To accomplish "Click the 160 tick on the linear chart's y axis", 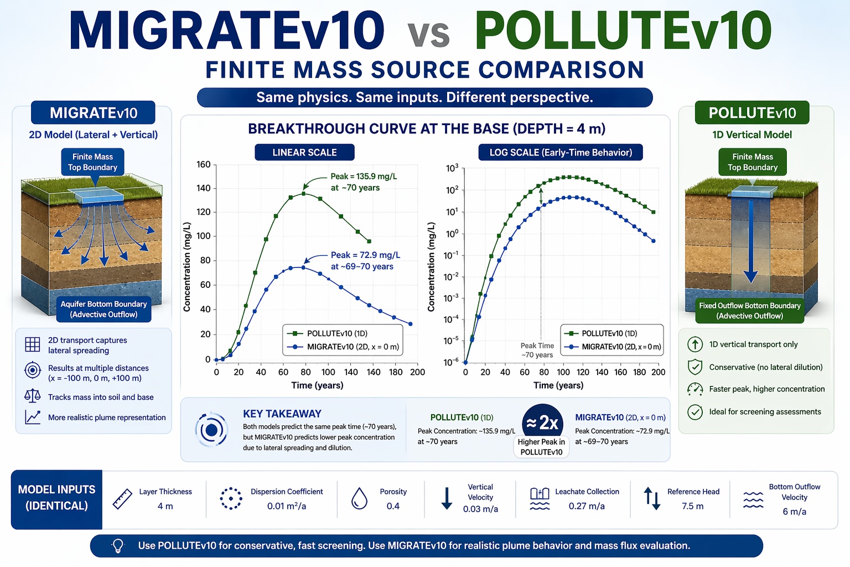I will point(204,164).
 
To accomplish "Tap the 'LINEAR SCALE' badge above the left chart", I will point(304,152).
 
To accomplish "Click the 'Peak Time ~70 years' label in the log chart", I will point(537,350).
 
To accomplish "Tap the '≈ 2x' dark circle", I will point(542,423).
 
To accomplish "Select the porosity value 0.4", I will point(393,506).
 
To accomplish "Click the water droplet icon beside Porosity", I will point(360,498).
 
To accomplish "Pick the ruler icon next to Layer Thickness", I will point(122,498).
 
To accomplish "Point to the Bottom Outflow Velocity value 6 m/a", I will point(794,512).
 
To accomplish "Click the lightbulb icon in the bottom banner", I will point(118,545).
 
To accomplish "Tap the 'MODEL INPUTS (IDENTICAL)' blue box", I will point(56,498).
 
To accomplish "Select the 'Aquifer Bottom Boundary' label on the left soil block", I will point(103,309).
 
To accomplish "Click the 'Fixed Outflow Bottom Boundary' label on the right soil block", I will point(749,311).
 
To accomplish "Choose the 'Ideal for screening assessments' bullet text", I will point(765,411).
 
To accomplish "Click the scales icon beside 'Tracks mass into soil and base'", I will point(33,396).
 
